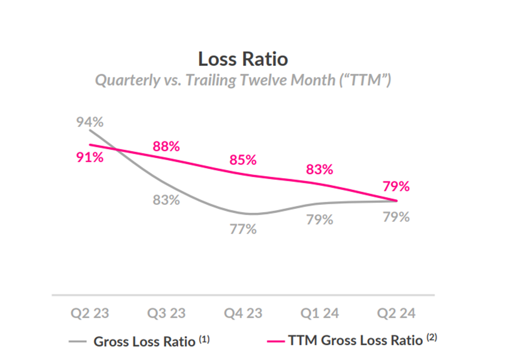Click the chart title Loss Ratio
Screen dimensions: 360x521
(x=243, y=59)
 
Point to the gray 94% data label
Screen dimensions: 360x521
(x=90, y=122)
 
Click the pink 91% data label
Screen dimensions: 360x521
(x=89, y=158)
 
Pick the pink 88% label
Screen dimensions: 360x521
(x=166, y=147)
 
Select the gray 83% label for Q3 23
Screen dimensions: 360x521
(x=166, y=199)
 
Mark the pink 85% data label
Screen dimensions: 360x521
(x=243, y=160)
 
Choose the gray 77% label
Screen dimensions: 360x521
(x=243, y=229)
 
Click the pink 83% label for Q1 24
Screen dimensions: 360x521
(x=319, y=170)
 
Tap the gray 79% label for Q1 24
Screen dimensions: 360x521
(x=319, y=219)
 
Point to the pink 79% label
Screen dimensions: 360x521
(x=396, y=186)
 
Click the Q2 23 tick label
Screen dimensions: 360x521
(x=89, y=313)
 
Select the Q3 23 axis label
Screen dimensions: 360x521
(x=166, y=313)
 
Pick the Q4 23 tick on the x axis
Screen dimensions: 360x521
(x=243, y=313)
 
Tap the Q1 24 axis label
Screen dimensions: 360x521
(x=319, y=313)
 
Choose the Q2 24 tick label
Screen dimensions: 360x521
(x=396, y=313)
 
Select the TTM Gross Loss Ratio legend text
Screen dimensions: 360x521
(x=355, y=341)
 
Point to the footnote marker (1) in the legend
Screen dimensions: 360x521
(x=203, y=339)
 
